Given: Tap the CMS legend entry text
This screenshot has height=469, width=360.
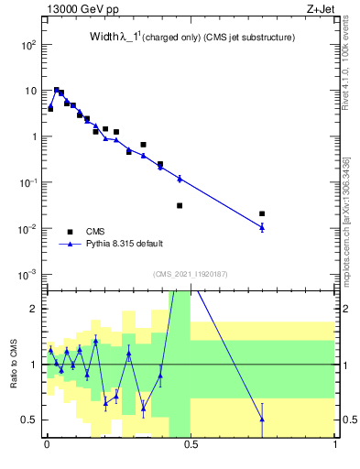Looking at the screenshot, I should pyautogui.click(x=96, y=231).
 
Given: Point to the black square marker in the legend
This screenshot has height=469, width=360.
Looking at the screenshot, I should pyautogui.click(x=70, y=231).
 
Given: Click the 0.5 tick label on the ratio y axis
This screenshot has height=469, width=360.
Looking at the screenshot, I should pyautogui.click(x=27, y=420).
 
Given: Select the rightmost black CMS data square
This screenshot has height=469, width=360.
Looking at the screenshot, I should pyautogui.click(x=262, y=213).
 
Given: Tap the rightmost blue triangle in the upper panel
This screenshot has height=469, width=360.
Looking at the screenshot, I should pyautogui.click(x=262, y=227).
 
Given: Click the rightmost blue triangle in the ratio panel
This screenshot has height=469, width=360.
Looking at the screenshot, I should pyautogui.click(x=262, y=420).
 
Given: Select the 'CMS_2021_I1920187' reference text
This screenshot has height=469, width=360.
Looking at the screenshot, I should pyautogui.click(x=191, y=274).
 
